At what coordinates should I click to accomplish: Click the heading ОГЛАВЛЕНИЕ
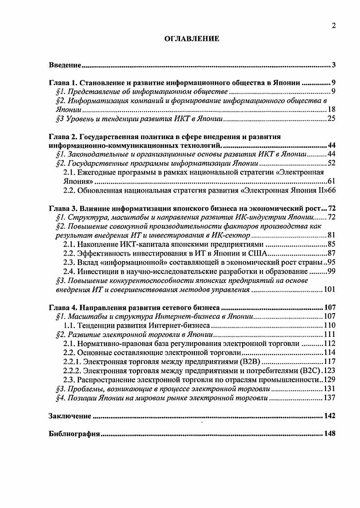pos(191,39)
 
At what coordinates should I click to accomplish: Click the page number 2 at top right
pos(333,26)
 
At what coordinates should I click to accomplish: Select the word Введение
pos(65,65)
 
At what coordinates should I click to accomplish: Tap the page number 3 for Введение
pos(333,65)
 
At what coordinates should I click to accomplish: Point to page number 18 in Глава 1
pos(331,110)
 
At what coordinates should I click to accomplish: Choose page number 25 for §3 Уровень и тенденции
pos(331,119)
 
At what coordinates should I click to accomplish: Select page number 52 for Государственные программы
pos(331,163)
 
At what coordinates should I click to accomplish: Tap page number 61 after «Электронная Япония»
pos(331,181)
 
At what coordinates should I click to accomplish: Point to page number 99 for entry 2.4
pos(331,271)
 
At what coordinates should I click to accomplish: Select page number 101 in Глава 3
pos(329,289)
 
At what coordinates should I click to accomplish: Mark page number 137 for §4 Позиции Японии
pos(329,397)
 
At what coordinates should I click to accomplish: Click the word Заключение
pos(70,416)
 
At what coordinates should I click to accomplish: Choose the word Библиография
pos(74,434)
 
